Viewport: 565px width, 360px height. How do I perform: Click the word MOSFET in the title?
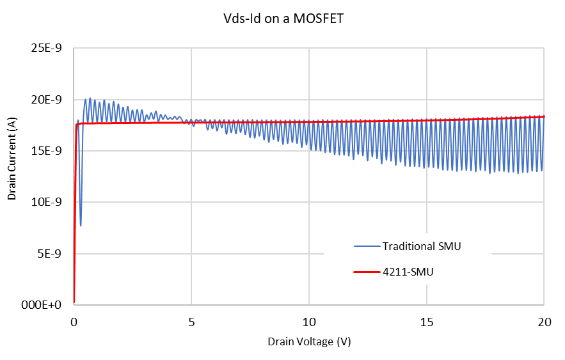tap(321, 19)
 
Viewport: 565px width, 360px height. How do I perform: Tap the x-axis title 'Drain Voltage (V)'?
tap(309, 341)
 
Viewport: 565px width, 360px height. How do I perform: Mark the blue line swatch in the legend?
tap(366, 246)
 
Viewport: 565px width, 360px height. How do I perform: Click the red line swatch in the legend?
tap(366, 272)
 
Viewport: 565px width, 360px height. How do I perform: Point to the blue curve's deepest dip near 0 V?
tap(81, 225)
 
